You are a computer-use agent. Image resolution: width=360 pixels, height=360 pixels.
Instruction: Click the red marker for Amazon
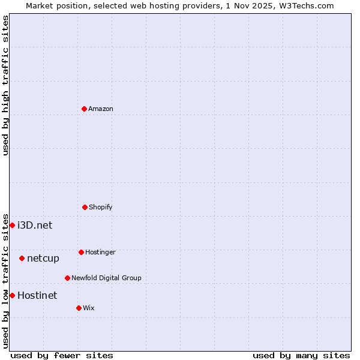pos(84,109)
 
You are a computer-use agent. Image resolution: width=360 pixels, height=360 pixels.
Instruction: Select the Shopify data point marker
pos(85,207)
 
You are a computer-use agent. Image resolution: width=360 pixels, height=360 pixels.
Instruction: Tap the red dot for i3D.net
pos(12,225)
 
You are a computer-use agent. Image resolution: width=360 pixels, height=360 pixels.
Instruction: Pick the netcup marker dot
pos(22,258)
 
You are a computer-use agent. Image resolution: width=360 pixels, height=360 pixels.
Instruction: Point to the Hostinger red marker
pos(81,252)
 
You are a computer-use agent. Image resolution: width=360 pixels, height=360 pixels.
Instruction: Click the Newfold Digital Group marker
pos(67,278)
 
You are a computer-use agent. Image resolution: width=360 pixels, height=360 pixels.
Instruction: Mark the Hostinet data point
pos(12,295)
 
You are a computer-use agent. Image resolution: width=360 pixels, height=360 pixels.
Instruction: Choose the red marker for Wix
pos(79,308)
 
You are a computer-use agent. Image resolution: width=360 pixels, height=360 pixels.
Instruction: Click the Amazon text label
pos(101,109)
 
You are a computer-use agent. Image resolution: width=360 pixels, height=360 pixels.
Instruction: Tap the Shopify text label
pos(101,207)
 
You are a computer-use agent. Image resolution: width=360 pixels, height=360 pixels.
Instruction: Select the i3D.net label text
pos(35,225)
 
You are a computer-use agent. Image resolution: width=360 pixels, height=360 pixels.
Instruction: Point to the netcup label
pos(43,259)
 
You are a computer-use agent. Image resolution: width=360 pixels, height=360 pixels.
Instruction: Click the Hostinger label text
pos(100,252)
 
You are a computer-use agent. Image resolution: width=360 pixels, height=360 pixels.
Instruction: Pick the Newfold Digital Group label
pos(106,278)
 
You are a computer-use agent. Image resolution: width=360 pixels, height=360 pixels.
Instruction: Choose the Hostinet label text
pos(37,295)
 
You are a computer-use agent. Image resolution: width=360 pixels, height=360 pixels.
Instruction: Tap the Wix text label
pos(89,308)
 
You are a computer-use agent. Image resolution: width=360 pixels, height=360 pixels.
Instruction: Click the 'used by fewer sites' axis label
pos(62,355)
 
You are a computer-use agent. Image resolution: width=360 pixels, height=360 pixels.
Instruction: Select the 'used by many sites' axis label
pos(301,355)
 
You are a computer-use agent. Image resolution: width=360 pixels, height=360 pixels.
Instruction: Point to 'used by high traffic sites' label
pos(5,85)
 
